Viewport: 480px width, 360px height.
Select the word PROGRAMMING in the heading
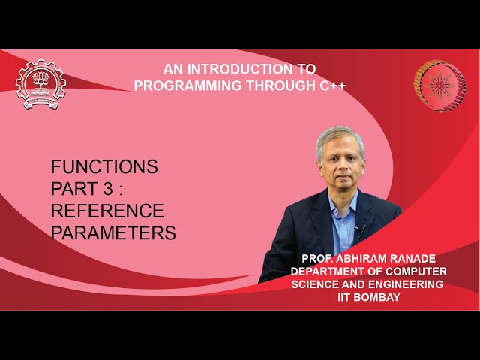(181, 85)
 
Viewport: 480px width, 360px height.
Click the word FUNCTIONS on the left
(104, 166)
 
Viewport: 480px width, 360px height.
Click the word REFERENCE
(107, 211)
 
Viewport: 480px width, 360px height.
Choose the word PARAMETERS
(113, 233)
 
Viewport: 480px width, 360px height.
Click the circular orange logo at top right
(439, 85)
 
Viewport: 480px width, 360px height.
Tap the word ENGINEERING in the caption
(403, 284)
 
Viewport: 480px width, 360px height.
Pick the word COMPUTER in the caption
(418, 271)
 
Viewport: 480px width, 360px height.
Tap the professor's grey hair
(339, 137)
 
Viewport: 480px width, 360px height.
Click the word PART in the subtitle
(75, 188)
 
